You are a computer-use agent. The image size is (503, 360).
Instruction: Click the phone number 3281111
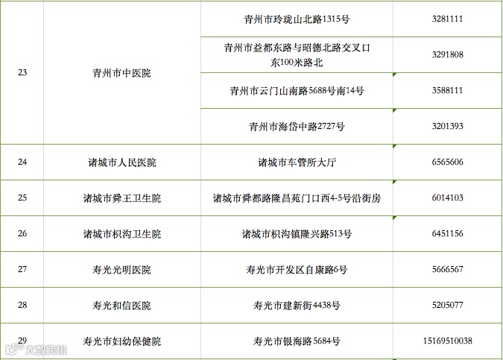click(x=447, y=19)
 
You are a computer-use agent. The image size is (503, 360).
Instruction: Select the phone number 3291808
click(x=447, y=54)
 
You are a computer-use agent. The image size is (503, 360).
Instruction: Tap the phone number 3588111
click(x=447, y=90)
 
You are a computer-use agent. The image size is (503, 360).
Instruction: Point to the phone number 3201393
click(x=447, y=126)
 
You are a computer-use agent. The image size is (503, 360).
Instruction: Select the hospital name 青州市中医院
click(x=121, y=73)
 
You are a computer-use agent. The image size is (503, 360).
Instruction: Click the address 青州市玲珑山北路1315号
click(x=297, y=19)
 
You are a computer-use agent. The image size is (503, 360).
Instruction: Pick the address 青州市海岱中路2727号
click(x=297, y=126)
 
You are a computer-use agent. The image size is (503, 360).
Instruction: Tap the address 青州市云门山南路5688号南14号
click(x=297, y=90)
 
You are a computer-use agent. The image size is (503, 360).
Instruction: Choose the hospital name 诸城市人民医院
click(x=121, y=162)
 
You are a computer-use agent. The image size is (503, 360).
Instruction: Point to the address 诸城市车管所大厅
click(x=297, y=162)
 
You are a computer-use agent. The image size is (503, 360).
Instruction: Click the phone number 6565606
click(x=447, y=162)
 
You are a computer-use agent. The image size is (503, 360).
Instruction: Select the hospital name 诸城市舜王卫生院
click(x=121, y=198)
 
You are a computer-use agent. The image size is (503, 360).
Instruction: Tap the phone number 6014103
click(x=447, y=198)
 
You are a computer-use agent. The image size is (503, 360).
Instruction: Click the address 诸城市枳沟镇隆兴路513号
click(x=297, y=234)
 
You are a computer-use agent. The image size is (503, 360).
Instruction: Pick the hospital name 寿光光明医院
click(x=121, y=270)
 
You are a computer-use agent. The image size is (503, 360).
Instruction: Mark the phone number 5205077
click(x=447, y=306)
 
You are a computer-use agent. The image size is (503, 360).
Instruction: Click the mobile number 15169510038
click(x=447, y=341)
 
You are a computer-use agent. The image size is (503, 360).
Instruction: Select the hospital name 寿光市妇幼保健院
click(x=121, y=341)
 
